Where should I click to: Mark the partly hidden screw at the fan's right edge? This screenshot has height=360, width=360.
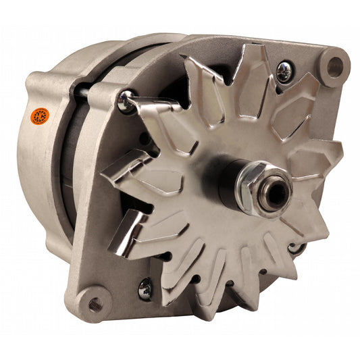point(294,248)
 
